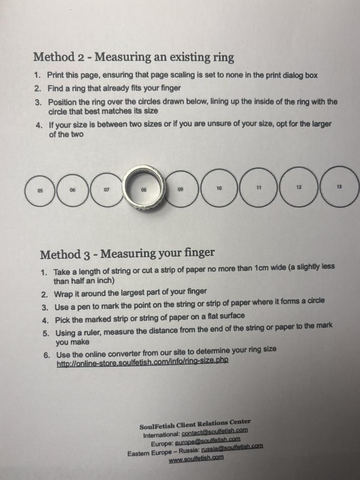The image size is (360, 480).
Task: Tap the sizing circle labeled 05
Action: (25, 191)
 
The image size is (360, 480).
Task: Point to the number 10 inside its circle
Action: (219, 188)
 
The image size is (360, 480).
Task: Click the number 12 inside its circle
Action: (299, 187)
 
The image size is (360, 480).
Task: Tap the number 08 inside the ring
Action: (144, 190)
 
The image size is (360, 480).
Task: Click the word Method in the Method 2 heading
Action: (54, 57)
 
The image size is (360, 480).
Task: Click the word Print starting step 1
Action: (56, 75)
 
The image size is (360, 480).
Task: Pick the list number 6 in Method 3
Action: (46, 355)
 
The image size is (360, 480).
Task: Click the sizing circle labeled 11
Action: (240, 187)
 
